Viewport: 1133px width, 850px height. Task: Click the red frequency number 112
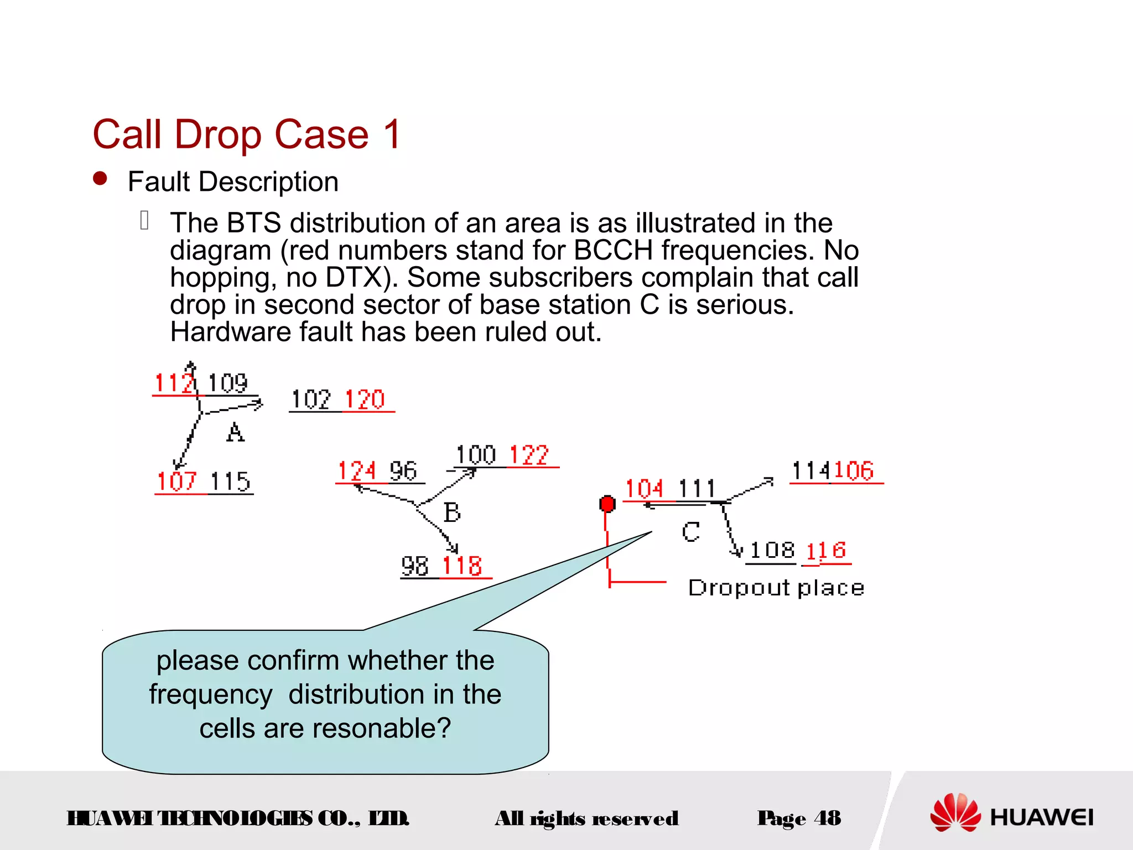tap(174, 383)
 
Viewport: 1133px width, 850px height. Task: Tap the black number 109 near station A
tap(227, 383)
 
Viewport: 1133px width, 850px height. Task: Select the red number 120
tap(365, 400)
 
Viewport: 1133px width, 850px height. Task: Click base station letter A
tap(235, 432)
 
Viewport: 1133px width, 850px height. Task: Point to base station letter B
tap(452, 512)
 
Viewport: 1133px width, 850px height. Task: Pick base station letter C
tap(690, 532)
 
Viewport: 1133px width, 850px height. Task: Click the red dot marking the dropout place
tap(607, 504)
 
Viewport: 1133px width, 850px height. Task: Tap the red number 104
tap(644, 489)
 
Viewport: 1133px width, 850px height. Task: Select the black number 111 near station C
tap(697, 489)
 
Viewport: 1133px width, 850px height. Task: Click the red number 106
tap(854, 471)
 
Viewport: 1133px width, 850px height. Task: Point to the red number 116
tap(825, 551)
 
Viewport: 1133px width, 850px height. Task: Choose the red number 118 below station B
tap(462, 566)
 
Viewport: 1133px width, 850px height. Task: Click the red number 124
tap(357, 471)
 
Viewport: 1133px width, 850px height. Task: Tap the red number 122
tap(529, 455)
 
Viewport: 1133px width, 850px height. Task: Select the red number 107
tap(176, 481)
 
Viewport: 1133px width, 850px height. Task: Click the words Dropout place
tap(776, 588)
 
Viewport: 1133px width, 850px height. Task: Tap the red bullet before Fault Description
tap(100, 178)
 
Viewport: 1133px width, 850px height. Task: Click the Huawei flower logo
tap(955, 812)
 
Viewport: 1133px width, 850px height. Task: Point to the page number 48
tap(828, 818)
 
